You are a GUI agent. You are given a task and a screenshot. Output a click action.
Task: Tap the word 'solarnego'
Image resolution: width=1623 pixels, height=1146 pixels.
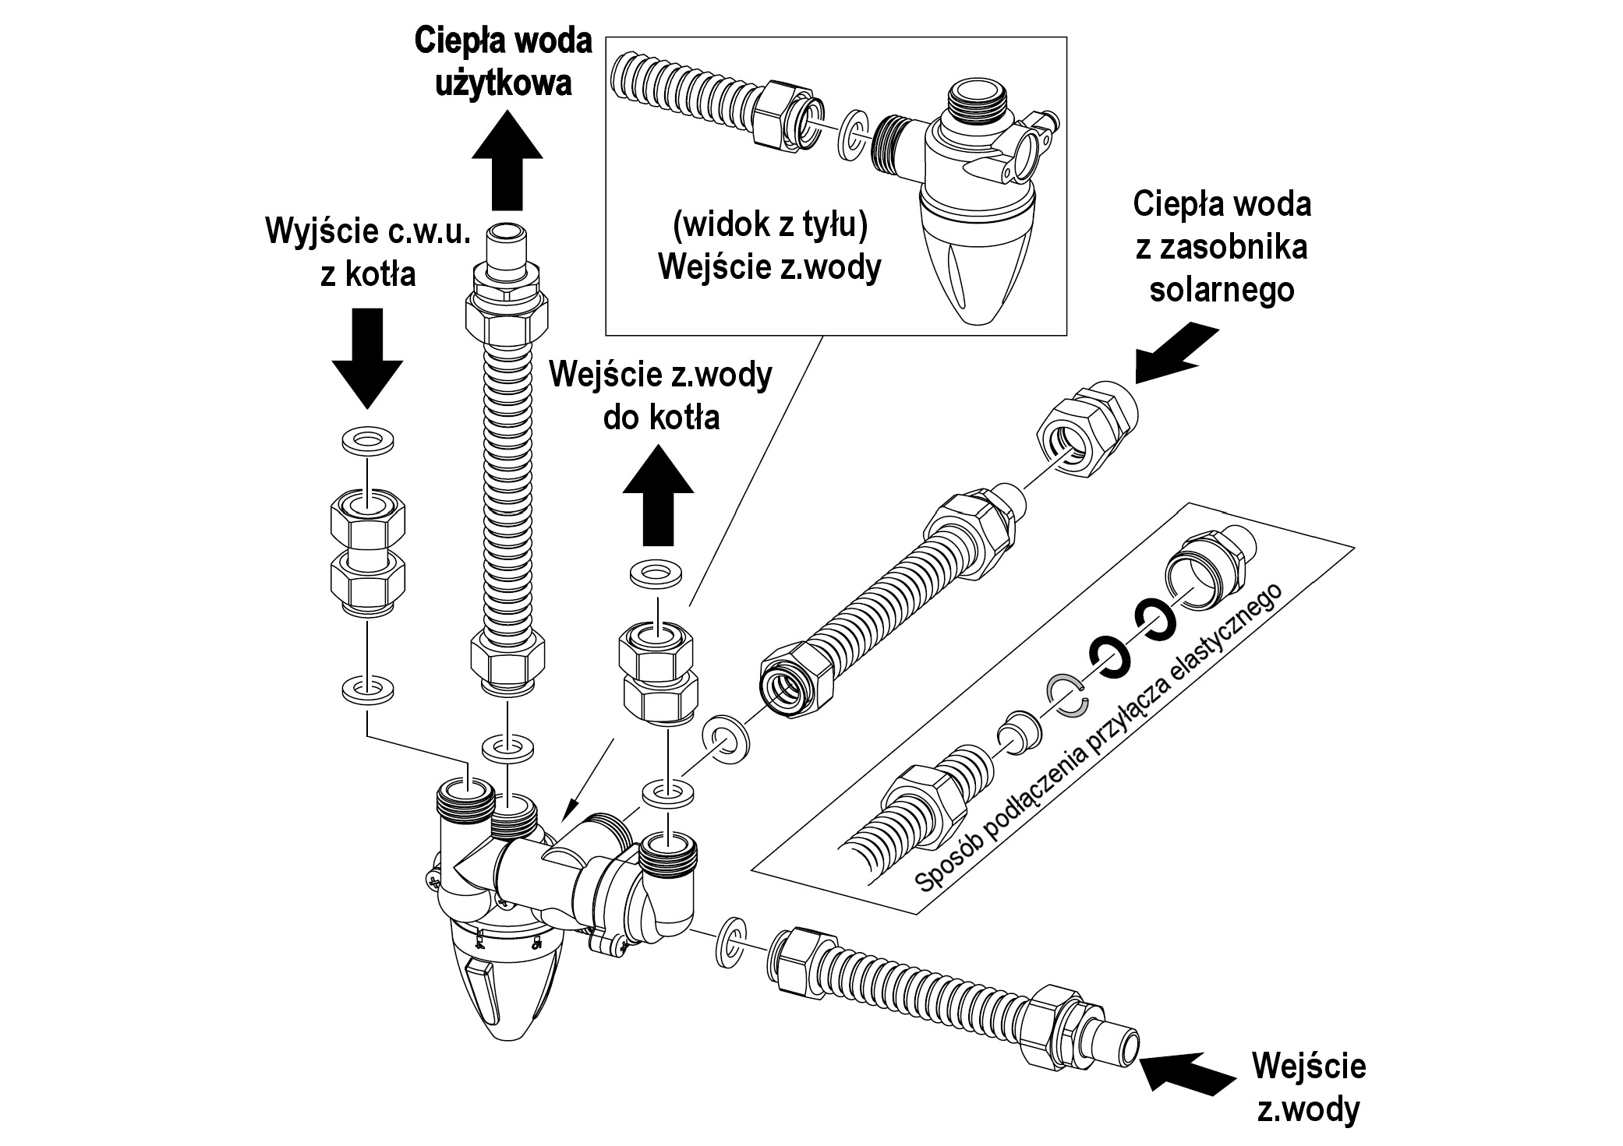point(1222,289)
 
